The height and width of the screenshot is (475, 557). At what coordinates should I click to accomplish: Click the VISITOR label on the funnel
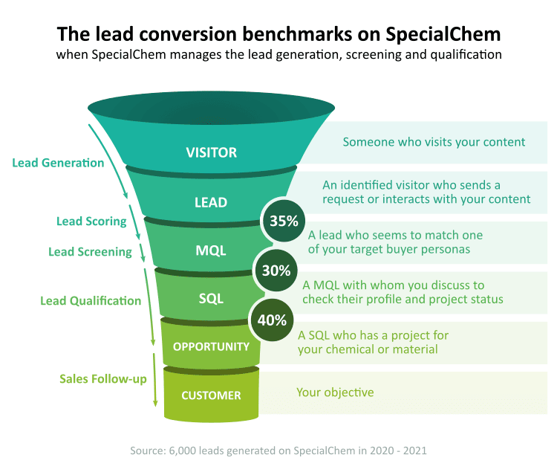tap(212, 152)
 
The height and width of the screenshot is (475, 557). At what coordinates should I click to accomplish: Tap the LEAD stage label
tap(211, 202)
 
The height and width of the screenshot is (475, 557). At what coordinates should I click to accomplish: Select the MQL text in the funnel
tap(211, 251)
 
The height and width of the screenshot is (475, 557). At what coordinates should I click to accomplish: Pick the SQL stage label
tap(211, 299)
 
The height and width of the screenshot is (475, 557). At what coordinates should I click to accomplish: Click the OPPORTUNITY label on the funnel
tap(211, 346)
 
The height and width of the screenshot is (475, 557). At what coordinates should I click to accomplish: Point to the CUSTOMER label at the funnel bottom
tap(211, 395)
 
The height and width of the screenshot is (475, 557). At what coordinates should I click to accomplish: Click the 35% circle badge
tap(284, 221)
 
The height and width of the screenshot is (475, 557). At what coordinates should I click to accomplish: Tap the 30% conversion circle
tap(276, 271)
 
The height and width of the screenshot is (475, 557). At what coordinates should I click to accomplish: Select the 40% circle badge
tap(272, 320)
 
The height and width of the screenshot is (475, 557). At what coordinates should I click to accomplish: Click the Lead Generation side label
tap(58, 163)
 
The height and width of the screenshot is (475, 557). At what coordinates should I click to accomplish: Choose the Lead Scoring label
tap(91, 222)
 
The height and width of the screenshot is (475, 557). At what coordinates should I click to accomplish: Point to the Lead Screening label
tap(90, 252)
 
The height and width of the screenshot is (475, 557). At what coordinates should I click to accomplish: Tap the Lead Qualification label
tap(91, 301)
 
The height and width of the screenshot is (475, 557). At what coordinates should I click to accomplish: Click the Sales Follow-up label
tap(103, 379)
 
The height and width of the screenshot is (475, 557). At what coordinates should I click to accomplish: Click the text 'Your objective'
tap(335, 392)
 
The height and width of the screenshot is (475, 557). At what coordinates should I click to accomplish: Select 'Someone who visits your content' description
tap(434, 142)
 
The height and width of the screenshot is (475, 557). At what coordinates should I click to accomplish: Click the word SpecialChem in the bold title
tap(443, 34)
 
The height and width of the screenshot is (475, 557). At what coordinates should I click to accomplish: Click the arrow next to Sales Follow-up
tap(155, 380)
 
